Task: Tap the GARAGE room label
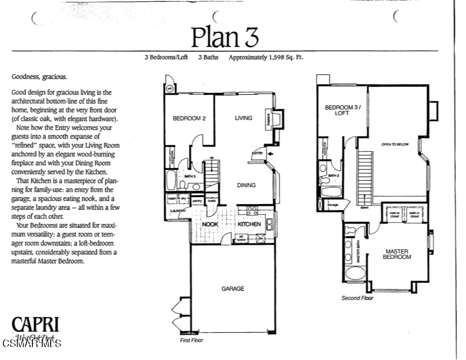click(232, 289)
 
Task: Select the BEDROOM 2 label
click(188, 118)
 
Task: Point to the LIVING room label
click(243, 118)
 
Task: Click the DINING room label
click(246, 185)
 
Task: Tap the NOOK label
click(210, 225)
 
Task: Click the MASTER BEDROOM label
click(397, 255)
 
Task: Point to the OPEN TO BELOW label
click(394, 144)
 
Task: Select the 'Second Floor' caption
click(357, 298)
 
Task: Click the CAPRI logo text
click(34, 325)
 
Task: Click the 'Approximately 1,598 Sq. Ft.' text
click(266, 58)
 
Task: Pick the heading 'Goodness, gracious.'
click(39, 77)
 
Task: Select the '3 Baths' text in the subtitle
click(208, 58)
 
